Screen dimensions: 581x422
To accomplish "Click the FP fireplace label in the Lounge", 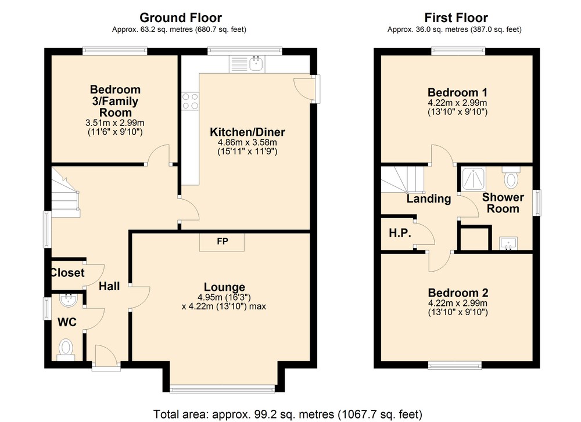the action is [x=223, y=241].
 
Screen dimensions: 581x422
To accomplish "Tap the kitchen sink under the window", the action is [x=247, y=64].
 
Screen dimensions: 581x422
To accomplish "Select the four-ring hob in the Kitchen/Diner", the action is [x=190, y=101].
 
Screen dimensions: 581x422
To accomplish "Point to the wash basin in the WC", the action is [x=68, y=300].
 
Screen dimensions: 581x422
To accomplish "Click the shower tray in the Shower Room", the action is [x=473, y=179].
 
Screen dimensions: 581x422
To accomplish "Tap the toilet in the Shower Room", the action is [x=511, y=177].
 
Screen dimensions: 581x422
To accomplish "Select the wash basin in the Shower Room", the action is [x=508, y=243].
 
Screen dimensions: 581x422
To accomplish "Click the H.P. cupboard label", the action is [x=400, y=233].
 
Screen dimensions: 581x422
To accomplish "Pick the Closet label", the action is [x=67, y=273].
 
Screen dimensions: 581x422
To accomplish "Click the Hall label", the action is [x=109, y=286].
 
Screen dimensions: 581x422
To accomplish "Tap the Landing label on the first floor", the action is [x=429, y=199].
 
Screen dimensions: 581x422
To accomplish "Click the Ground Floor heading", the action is [x=181, y=17].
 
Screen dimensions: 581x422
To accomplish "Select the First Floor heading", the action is [x=456, y=17].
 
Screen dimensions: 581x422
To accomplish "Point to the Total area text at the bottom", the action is [x=288, y=414].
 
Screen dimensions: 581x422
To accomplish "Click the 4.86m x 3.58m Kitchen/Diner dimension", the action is [x=247, y=143].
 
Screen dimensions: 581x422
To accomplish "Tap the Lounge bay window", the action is [x=223, y=388].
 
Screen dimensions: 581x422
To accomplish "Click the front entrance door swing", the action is [x=107, y=355].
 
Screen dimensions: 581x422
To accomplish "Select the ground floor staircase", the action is [x=65, y=193].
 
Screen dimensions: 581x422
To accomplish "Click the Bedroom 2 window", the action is [x=455, y=365].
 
